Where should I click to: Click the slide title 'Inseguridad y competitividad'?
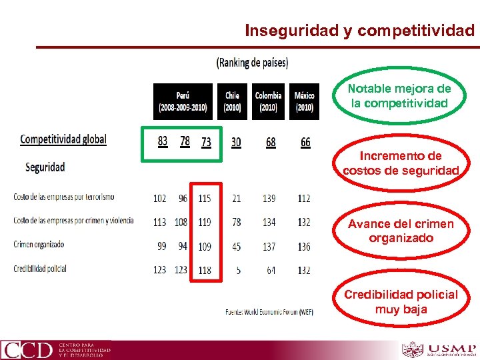(360, 31)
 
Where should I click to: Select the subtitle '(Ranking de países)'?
(253, 63)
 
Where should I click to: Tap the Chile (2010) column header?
(232, 101)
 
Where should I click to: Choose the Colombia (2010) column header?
(268, 101)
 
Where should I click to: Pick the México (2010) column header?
(304, 101)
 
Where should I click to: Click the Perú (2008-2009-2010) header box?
(183, 101)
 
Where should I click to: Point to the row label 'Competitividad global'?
(63, 139)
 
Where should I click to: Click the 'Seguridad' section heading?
(45, 167)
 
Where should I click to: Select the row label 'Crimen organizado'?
(39, 245)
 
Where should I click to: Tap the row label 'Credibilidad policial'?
(39, 268)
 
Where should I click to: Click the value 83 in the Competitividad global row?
(163, 141)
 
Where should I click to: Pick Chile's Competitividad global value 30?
(236, 142)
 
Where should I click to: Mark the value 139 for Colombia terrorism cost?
(269, 198)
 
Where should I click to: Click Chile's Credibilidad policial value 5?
(237, 270)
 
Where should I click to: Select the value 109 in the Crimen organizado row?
(205, 247)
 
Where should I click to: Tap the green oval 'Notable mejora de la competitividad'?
(399, 97)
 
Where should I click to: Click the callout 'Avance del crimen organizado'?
(400, 231)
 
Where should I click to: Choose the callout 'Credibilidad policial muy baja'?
(401, 301)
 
